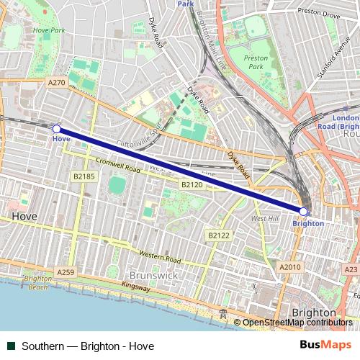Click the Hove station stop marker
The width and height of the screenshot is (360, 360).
[x=57, y=129]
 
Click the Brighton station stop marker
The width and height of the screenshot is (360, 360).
[x=304, y=211]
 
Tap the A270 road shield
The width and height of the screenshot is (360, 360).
[x=56, y=83]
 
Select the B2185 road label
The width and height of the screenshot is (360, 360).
[x=84, y=176]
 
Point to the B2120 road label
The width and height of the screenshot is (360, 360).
[x=192, y=185]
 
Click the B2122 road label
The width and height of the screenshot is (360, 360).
[x=218, y=235]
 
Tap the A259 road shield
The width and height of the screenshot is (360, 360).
[x=66, y=272]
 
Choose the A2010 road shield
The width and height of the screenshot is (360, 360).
[x=290, y=267]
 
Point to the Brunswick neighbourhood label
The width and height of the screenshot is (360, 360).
[x=153, y=275]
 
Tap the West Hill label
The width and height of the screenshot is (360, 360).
[x=264, y=218]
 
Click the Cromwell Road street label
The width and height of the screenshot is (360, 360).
[x=117, y=167]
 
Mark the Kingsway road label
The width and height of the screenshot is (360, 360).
[x=136, y=287]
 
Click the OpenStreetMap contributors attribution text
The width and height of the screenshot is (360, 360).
[x=297, y=323]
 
